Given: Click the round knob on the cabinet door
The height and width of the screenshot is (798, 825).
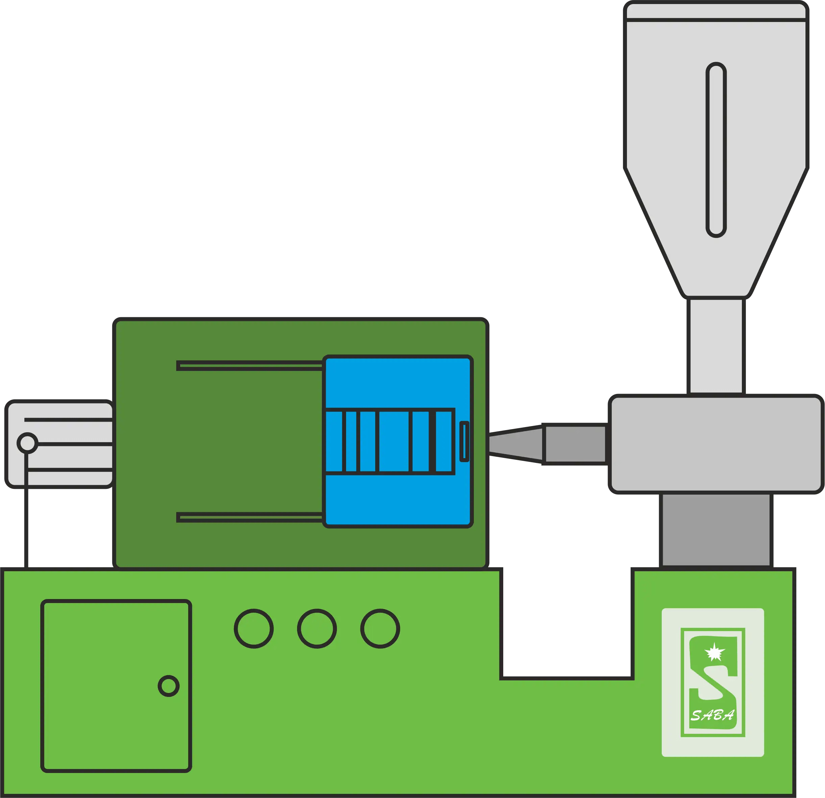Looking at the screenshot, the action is click(x=168, y=686).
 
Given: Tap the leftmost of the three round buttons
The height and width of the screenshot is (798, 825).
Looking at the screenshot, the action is click(x=254, y=629).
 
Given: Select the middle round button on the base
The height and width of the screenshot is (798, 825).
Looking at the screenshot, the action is click(x=317, y=629).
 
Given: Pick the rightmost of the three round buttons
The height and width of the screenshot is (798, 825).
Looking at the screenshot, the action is click(x=380, y=629).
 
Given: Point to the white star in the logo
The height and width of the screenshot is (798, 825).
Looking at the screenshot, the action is click(x=714, y=652).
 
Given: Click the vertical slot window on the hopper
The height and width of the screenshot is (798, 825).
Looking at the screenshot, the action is click(x=716, y=150).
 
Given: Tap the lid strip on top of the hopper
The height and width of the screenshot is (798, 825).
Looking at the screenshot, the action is click(x=716, y=11).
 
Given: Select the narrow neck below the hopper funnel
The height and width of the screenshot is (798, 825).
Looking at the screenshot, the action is click(x=716, y=346).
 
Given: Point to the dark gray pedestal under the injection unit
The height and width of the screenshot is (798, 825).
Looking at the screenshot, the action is click(x=716, y=530).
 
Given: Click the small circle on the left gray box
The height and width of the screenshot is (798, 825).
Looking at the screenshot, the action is click(x=27, y=443).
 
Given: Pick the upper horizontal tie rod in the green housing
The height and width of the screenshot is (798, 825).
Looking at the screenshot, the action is click(x=250, y=366).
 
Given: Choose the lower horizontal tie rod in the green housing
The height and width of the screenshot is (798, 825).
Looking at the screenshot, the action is click(x=250, y=518).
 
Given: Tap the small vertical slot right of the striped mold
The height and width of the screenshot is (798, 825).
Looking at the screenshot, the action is click(x=464, y=442).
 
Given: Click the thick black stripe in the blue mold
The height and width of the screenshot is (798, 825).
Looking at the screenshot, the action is click(x=432, y=442).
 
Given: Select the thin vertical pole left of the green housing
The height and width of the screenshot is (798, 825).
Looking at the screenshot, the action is click(x=26, y=511).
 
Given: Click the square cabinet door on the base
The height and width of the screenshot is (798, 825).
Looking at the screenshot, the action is click(x=116, y=686).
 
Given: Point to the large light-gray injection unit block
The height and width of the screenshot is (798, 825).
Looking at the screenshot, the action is click(x=716, y=444).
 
